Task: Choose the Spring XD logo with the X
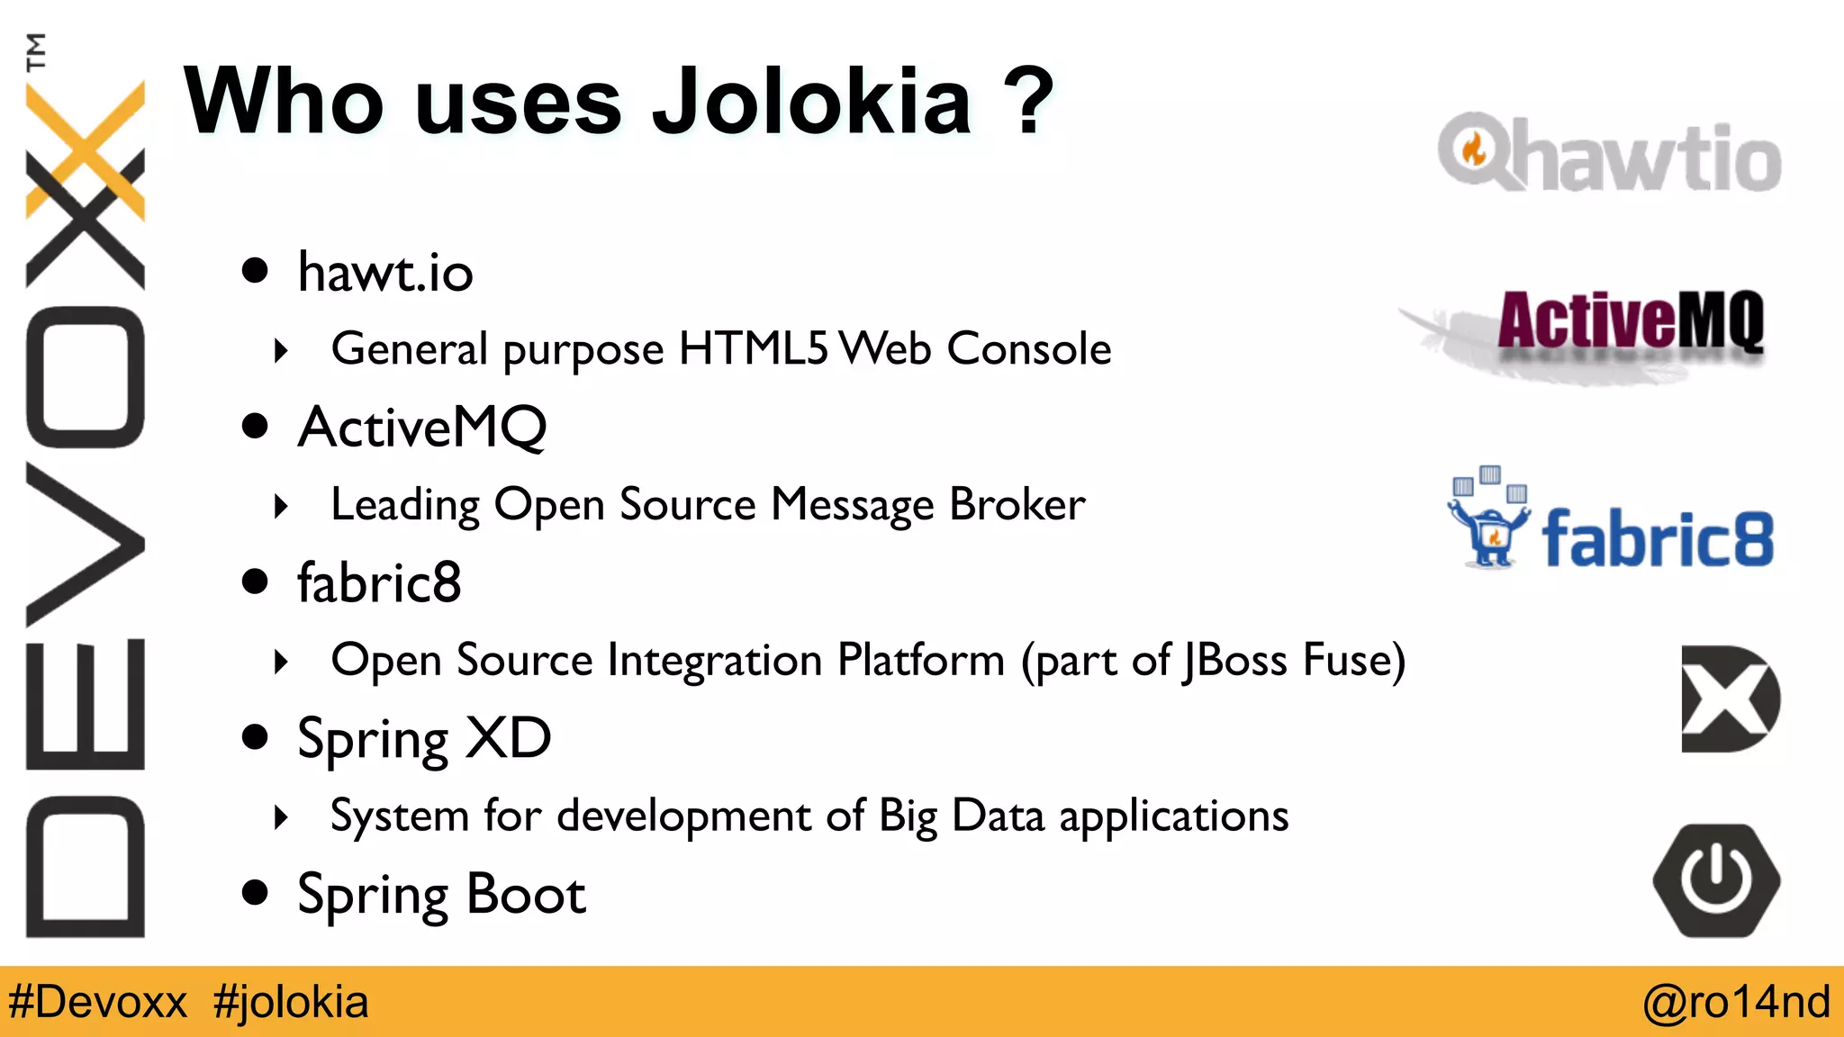(1729, 699)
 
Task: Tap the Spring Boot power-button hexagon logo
(1716, 880)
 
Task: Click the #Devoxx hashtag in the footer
(97, 1002)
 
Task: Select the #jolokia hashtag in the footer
(291, 1002)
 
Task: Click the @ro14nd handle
(1736, 1002)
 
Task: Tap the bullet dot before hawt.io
(256, 270)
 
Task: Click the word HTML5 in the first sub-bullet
(753, 348)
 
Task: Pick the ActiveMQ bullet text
(422, 427)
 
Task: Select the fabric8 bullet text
(379, 582)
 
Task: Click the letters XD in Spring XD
(510, 738)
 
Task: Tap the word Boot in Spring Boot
(526, 894)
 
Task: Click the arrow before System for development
(281, 816)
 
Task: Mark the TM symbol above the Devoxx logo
(36, 51)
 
